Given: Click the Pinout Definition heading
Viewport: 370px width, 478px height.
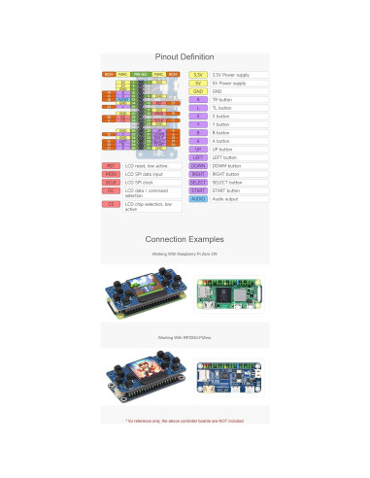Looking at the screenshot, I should pos(185,56).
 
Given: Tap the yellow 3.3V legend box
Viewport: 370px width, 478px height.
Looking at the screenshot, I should pos(198,75).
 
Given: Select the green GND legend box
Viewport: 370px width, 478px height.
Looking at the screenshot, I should pos(198,91).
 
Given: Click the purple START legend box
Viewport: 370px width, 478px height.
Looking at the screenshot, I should pos(198,190).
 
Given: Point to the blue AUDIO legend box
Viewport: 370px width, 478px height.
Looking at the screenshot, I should pos(198,199).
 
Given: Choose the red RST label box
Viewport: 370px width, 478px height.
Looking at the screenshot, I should pos(112,166).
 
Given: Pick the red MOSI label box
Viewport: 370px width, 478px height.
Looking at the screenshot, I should pos(112,174).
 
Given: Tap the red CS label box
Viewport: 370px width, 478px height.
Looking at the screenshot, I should pos(112,205).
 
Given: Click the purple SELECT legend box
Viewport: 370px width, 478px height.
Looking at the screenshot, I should pos(198,183).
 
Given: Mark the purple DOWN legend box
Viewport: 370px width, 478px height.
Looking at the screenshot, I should pos(198,166).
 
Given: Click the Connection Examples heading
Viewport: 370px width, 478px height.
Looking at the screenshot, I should pos(185,239).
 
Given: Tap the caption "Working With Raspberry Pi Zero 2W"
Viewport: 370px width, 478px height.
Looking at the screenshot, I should pos(185,255).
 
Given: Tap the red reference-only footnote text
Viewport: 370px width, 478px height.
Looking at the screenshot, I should pos(185,421).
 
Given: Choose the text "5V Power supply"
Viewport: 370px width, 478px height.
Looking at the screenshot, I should pos(229,84).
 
